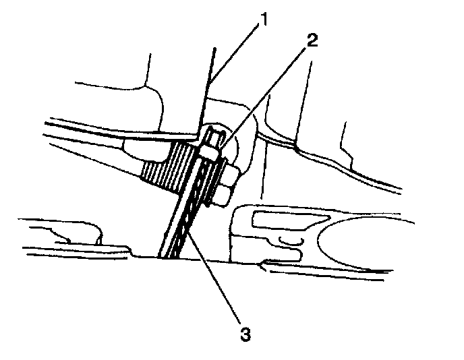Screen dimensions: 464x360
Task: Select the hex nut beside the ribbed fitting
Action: [225, 177]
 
